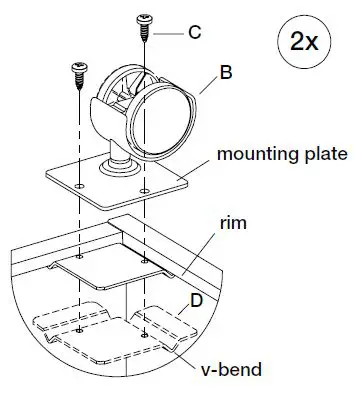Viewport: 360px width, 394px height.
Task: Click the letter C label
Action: click(196, 32)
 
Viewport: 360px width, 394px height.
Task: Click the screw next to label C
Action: click(144, 27)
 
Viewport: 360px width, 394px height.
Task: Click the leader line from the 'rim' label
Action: click(206, 250)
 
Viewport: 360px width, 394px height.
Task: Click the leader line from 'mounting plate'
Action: click(197, 164)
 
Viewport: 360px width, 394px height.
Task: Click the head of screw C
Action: click(144, 18)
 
